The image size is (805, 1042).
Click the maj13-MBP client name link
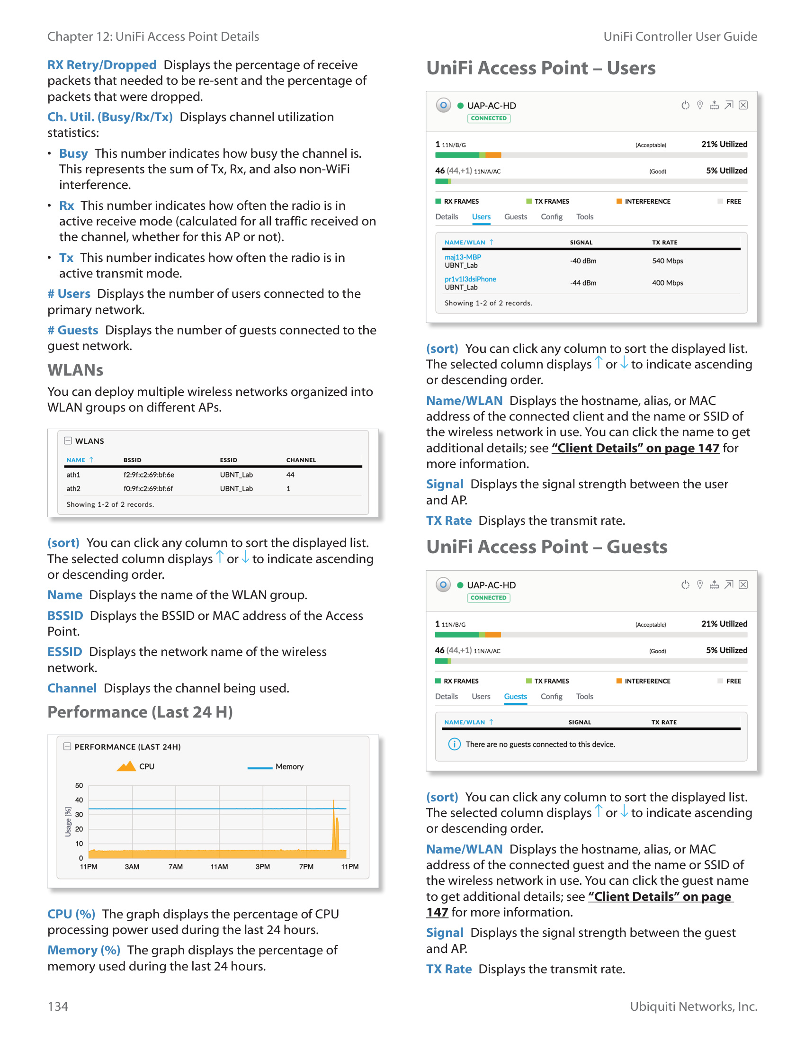tap(462, 257)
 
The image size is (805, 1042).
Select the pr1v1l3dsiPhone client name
tap(470, 279)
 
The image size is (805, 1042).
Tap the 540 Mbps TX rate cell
tap(667, 261)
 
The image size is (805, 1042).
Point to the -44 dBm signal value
tap(583, 283)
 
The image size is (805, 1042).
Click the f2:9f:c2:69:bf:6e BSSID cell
tap(148, 475)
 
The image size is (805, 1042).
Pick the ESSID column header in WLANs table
tap(228, 460)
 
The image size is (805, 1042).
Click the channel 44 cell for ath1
tap(290, 475)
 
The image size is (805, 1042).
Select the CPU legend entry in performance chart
tap(136, 766)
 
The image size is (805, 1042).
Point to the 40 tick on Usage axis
tap(79, 800)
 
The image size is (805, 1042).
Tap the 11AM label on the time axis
tap(219, 866)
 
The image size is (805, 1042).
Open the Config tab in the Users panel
tap(551, 216)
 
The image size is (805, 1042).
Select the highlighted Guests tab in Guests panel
tap(515, 697)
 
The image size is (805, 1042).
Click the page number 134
tap(58, 1006)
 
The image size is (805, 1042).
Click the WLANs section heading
tap(75, 370)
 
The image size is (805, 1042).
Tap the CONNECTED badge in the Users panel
tap(488, 118)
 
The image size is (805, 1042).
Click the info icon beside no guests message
tap(454, 744)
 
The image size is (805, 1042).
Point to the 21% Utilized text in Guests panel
tap(724, 624)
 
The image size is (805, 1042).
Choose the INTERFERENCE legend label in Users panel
tap(647, 201)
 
